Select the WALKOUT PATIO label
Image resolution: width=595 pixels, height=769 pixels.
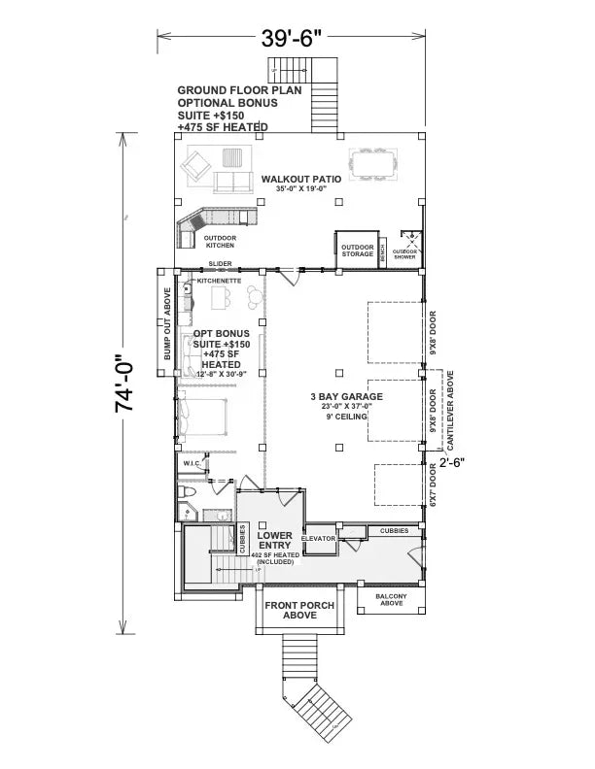(x=299, y=181)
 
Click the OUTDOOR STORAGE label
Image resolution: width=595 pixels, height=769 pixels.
(x=357, y=251)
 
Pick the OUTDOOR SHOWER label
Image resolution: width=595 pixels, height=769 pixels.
(x=405, y=253)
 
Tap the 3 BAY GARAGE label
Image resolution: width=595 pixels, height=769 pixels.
(x=347, y=396)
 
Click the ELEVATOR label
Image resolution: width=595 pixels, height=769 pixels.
(x=318, y=537)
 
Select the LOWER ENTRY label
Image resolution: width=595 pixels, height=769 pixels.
(x=275, y=541)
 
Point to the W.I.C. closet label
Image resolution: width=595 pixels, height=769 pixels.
(x=192, y=464)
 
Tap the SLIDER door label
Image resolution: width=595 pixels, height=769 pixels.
(x=220, y=264)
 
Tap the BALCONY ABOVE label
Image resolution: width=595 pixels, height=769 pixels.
(x=391, y=599)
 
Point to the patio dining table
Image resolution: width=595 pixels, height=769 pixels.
(x=373, y=167)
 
